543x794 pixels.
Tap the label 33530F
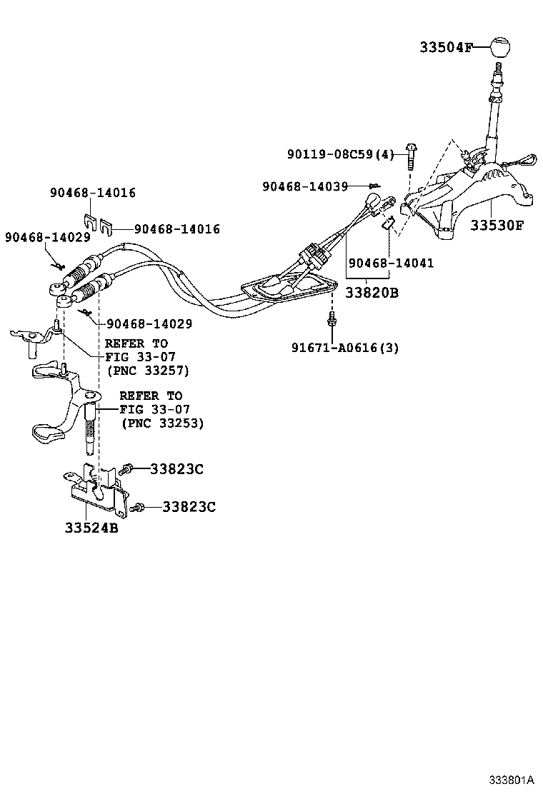[x=497, y=226]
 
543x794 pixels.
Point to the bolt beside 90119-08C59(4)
[x=411, y=155]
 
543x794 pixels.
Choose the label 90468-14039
[x=305, y=186]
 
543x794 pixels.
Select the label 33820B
[x=372, y=293]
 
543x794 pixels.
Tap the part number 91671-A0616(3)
[x=345, y=348]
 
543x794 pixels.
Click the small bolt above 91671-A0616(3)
[x=332, y=319]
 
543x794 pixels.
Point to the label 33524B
[x=91, y=529]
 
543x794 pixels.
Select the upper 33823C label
[x=176, y=469]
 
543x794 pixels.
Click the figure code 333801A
[x=512, y=778]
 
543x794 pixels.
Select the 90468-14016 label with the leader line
[x=176, y=229]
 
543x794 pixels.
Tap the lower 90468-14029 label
[x=149, y=323]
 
